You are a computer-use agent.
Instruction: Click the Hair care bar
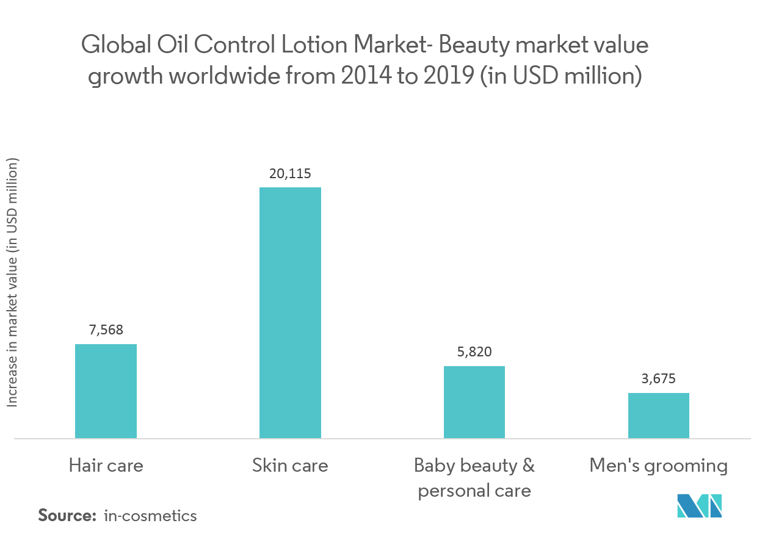106,391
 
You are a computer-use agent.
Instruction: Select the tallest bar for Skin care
290,312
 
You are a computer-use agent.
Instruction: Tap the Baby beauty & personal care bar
474,402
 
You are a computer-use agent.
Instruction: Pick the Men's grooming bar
659,416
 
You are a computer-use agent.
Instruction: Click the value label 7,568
106,330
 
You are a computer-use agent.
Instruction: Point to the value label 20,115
290,174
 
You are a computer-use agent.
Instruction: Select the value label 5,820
474,352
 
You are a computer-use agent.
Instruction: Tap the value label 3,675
658,379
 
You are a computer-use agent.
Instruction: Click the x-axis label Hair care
106,466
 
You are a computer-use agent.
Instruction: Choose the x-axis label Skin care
290,466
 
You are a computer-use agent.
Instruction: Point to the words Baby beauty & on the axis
474,466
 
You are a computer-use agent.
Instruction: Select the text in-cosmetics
150,516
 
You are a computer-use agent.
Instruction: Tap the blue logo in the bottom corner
700,505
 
